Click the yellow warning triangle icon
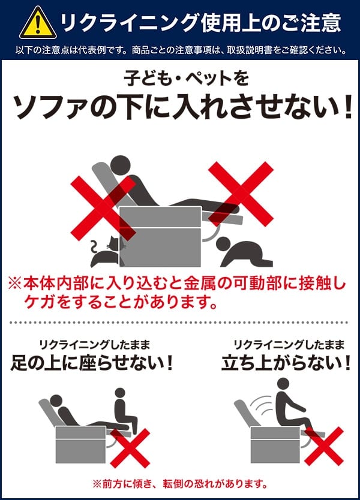click(x=38, y=23)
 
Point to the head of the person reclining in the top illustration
click(x=121, y=165)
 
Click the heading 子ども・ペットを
click(x=187, y=78)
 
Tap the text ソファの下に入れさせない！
click(x=184, y=107)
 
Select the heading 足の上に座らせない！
click(x=92, y=363)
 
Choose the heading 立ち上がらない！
click(x=286, y=363)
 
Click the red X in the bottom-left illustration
click(x=130, y=448)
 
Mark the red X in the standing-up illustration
click(x=323, y=447)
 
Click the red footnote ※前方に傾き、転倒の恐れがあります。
click(x=179, y=484)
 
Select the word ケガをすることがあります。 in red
click(x=121, y=302)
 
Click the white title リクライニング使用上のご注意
click(x=200, y=22)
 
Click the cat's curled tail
click(x=94, y=247)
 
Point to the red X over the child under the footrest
click(x=241, y=194)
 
